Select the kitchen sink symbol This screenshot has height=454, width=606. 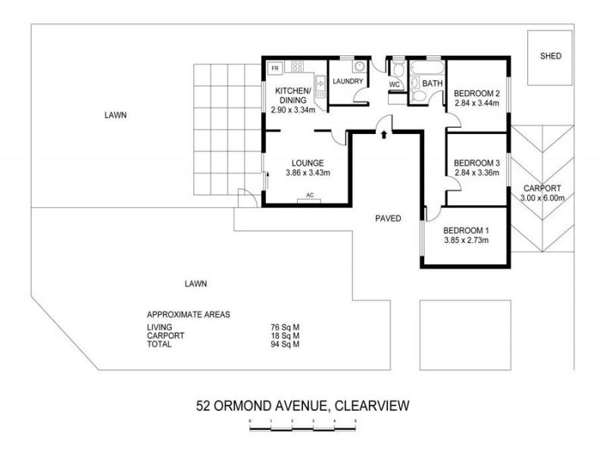[x=320, y=89]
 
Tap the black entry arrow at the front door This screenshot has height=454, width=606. [x=384, y=135]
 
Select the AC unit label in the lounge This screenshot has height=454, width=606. [x=309, y=196]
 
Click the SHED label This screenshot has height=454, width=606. [x=551, y=56]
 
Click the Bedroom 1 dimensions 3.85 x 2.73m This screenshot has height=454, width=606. [x=466, y=241]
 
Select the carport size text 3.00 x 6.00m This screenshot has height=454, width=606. [x=542, y=198]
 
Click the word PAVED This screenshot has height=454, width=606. [x=388, y=219]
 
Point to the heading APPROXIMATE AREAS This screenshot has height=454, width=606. [x=188, y=314]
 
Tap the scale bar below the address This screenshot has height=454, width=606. [x=303, y=428]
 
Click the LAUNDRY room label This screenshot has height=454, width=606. [x=348, y=82]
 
